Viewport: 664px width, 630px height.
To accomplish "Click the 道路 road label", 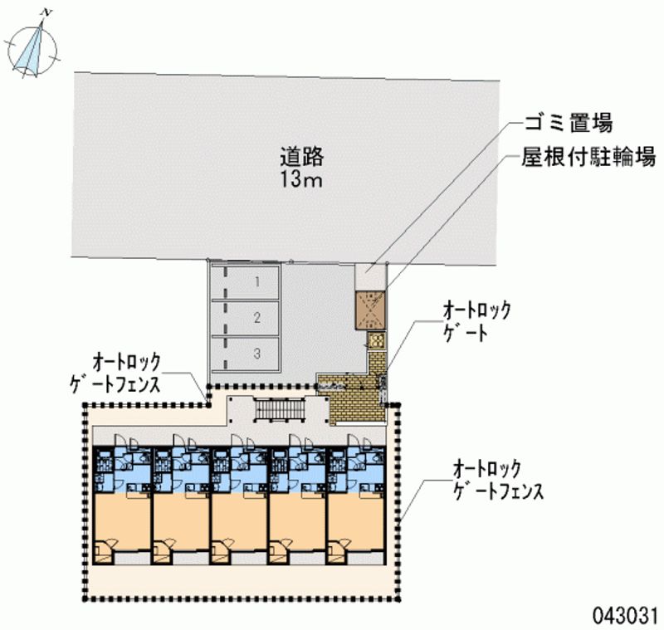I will click(x=300, y=155).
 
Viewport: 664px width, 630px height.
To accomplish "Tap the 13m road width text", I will click(x=300, y=179).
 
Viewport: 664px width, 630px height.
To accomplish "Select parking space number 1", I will click(x=257, y=282).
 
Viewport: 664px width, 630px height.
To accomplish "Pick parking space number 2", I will click(x=257, y=317).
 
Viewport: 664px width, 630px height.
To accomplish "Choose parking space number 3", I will click(x=257, y=354).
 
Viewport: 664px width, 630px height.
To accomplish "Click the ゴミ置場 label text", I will click(x=569, y=125).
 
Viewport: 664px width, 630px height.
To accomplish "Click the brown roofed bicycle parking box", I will click(x=370, y=310).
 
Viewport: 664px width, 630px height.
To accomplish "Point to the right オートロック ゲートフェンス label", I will click(x=497, y=480).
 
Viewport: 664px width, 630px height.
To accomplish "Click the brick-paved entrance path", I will click(x=357, y=403).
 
